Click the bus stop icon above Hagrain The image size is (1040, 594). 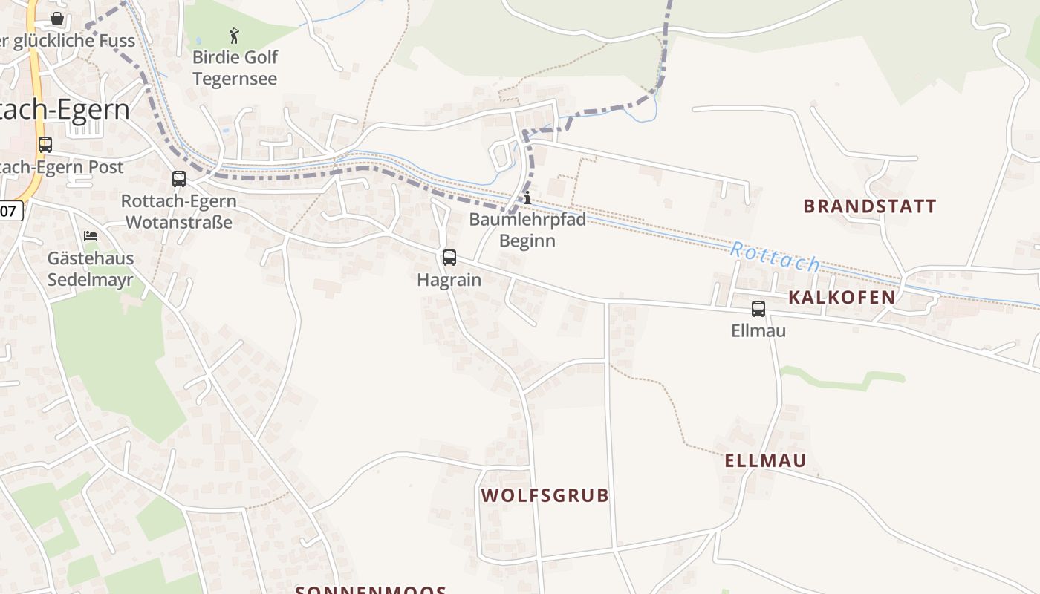tap(449, 258)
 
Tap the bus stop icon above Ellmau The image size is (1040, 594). tap(758, 309)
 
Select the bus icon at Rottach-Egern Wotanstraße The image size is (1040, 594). tap(179, 179)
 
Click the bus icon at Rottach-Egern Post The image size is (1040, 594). tap(45, 145)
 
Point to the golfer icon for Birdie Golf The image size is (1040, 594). tap(235, 35)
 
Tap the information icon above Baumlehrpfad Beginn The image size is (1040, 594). tap(527, 198)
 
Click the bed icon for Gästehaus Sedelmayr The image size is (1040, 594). tap(91, 236)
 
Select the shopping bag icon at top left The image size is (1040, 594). tap(57, 18)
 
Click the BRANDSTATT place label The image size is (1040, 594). tap(870, 206)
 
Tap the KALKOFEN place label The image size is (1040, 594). tap(841, 298)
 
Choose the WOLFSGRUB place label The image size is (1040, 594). tap(545, 495)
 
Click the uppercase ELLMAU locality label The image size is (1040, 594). tap(765, 460)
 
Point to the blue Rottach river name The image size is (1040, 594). tap(775, 257)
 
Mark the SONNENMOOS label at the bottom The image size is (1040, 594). tap(371, 590)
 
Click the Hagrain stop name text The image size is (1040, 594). tap(449, 280)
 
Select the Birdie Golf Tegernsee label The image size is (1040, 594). tap(235, 68)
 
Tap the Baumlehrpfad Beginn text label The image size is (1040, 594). tap(527, 230)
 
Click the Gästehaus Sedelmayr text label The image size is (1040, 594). tap(91, 269)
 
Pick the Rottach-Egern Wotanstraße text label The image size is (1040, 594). tap(179, 212)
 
